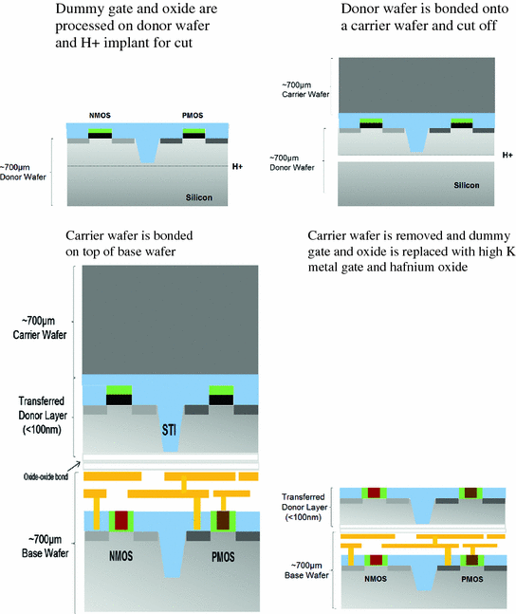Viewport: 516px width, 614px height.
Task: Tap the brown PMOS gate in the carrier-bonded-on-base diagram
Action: point(223,521)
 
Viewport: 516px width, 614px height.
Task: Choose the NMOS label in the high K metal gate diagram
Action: point(376,575)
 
